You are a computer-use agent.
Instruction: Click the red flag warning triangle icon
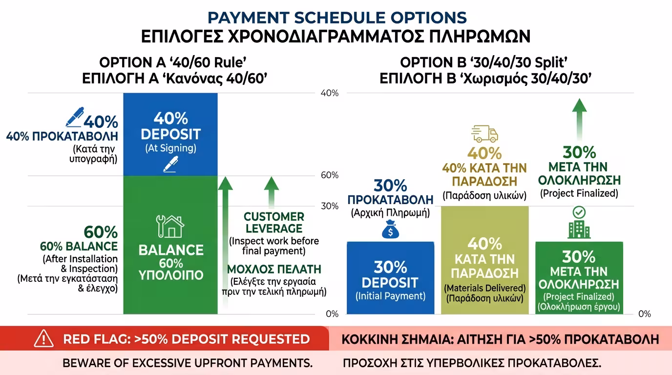43,338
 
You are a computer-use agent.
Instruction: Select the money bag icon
390,229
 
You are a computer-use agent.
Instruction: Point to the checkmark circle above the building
579,212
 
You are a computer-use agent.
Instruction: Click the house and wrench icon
170,226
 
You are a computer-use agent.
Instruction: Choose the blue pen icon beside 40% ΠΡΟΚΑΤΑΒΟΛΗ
74,117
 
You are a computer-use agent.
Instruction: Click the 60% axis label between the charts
329,175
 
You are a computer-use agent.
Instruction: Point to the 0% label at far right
644,314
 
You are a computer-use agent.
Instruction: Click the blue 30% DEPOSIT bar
390,278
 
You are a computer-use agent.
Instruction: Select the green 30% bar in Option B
579,278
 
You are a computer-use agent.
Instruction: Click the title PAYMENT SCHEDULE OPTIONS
337,18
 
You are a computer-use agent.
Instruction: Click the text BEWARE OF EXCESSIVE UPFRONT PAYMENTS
188,363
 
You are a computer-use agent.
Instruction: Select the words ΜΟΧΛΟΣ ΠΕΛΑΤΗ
274,269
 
